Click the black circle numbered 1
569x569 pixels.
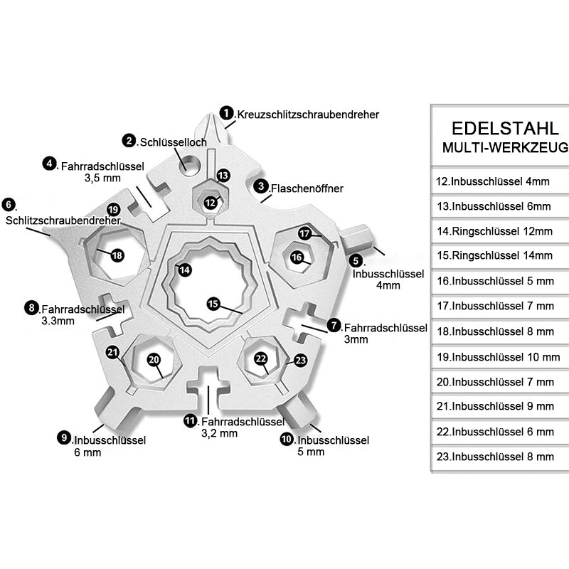click(227, 113)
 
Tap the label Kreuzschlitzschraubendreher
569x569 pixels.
click(308, 114)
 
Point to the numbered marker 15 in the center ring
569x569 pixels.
click(213, 304)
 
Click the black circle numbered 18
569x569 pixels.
click(117, 255)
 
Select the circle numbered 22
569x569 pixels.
click(261, 358)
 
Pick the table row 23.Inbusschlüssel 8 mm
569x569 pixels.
click(495, 456)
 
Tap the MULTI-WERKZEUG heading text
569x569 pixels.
click(504, 148)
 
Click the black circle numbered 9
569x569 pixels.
click(64, 438)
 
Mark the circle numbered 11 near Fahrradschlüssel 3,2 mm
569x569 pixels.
click(190, 420)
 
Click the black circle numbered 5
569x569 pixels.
click(356, 261)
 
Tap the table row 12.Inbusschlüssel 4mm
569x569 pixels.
click(492, 181)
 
